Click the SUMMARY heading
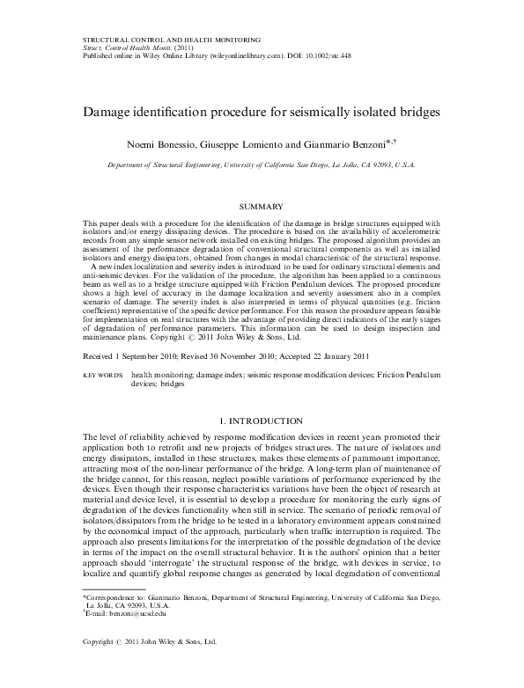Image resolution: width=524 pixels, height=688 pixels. pyautogui.click(x=262, y=205)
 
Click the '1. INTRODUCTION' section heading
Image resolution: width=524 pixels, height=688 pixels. pyautogui.click(x=262, y=421)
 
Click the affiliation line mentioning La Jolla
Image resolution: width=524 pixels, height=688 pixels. pyautogui.click(x=262, y=165)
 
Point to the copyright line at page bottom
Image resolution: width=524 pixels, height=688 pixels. pyautogui.click(x=144, y=668)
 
